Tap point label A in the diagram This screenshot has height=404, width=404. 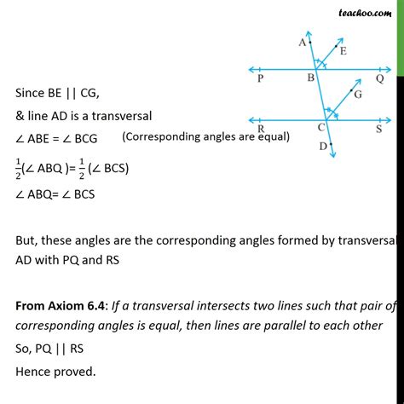(x=303, y=41)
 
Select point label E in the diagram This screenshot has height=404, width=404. (x=343, y=51)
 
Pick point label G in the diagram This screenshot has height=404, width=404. (x=358, y=96)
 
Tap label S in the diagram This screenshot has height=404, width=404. (x=379, y=130)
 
